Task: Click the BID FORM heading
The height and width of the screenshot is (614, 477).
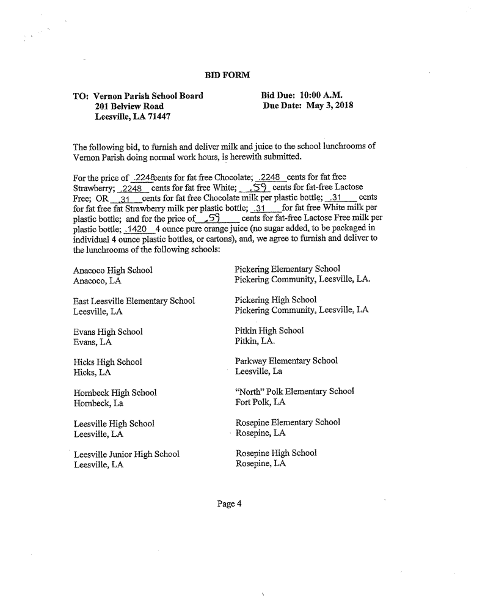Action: coord(227,75)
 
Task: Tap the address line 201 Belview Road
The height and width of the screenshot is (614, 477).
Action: coord(129,106)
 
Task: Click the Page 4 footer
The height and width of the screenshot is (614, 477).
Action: coord(229,504)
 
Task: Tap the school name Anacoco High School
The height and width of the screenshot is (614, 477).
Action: coord(113,270)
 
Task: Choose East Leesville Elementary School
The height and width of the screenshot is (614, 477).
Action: coord(134,301)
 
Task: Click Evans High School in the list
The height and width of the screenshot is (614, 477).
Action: coord(108,332)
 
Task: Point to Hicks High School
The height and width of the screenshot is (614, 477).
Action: coord(107,362)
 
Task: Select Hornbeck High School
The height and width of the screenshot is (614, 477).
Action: coord(115,393)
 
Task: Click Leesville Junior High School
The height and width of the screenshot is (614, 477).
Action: coord(126,454)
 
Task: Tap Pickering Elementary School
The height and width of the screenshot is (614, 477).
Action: coord(287,269)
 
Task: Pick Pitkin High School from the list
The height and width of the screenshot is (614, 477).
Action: coord(269,331)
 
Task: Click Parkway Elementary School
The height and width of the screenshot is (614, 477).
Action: coord(286,360)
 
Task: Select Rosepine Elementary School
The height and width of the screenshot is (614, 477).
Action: coord(288,422)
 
